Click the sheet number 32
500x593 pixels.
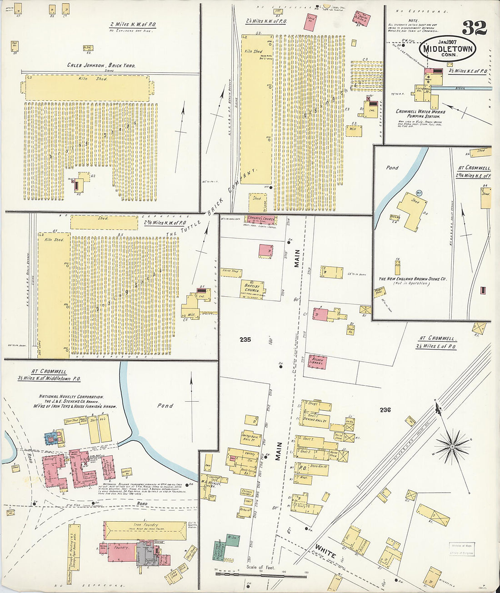click(475, 28)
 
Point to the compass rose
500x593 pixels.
click(452, 447)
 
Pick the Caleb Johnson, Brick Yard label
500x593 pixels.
click(101, 65)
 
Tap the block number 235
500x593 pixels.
click(245, 339)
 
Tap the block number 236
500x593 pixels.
click(385, 410)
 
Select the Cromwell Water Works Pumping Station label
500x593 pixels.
click(420, 114)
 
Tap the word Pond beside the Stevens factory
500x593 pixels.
click(165, 405)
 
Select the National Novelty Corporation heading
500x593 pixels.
click(71, 396)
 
